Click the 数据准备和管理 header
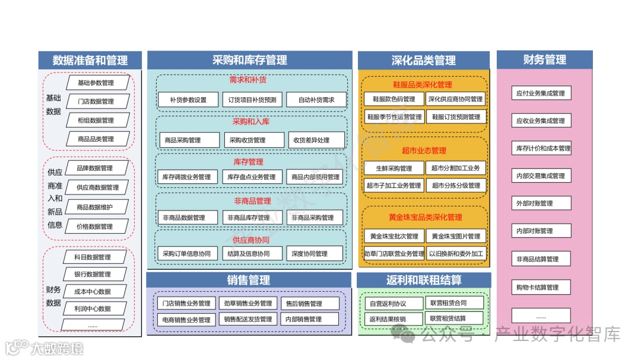pos(90,60)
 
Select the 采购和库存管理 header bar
pos(249,60)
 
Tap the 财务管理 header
pos(544,59)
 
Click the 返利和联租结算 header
pos(424,280)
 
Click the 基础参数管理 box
pos(96,82)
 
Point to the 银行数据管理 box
pos(93,274)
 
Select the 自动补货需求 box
pos(316,100)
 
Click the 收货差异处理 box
pos(316,141)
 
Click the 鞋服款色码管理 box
pos(394,99)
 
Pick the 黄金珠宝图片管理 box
pos(456,237)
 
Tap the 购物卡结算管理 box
pos(540,288)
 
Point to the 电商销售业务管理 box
pos(186,319)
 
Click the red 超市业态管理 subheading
pos(424,151)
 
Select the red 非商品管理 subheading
pos(252,201)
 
